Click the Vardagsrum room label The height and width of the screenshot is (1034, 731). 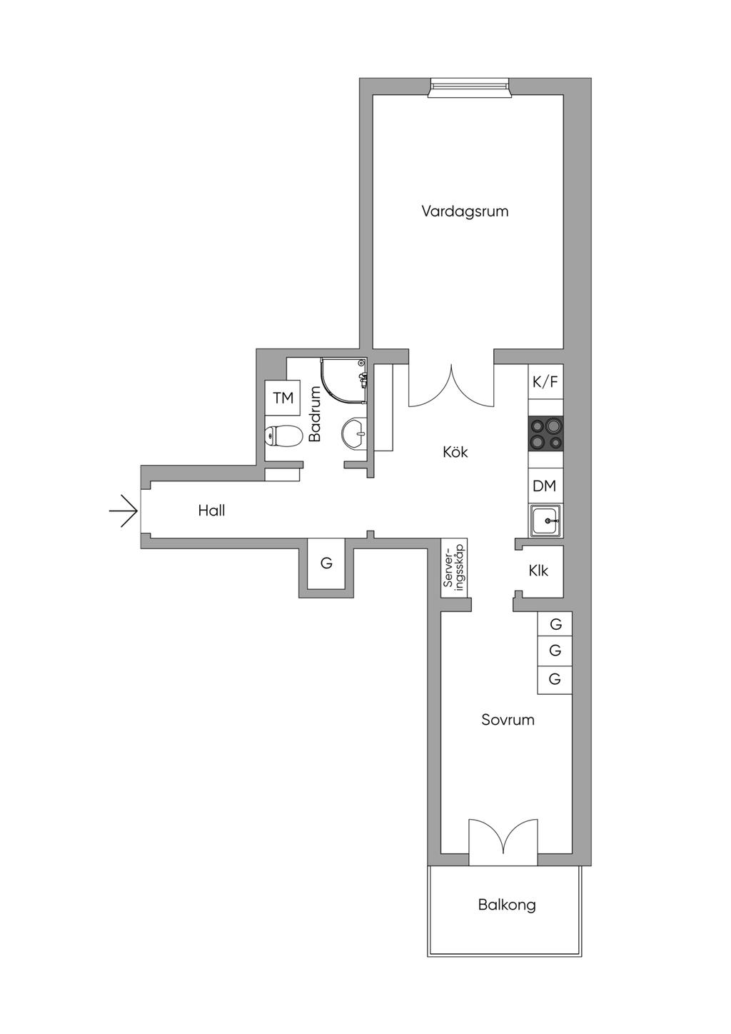[x=465, y=211]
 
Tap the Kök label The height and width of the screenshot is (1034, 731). [x=455, y=451]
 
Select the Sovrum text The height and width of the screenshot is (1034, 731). [x=508, y=733]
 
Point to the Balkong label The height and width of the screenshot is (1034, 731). [x=507, y=904]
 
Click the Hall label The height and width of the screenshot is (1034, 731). [x=211, y=510]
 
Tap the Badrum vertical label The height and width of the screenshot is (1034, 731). [x=315, y=414]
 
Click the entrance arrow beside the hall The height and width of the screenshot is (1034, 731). [x=123, y=511]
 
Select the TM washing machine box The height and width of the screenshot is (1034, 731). [x=283, y=398]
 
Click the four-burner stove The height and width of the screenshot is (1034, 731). [x=546, y=433]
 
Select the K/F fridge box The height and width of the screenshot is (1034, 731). [x=546, y=382]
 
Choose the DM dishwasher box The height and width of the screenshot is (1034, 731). [x=546, y=486]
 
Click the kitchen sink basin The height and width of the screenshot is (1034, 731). [x=546, y=521]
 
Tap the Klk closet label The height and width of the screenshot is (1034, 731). [x=538, y=571]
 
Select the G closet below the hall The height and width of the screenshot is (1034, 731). [x=326, y=563]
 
